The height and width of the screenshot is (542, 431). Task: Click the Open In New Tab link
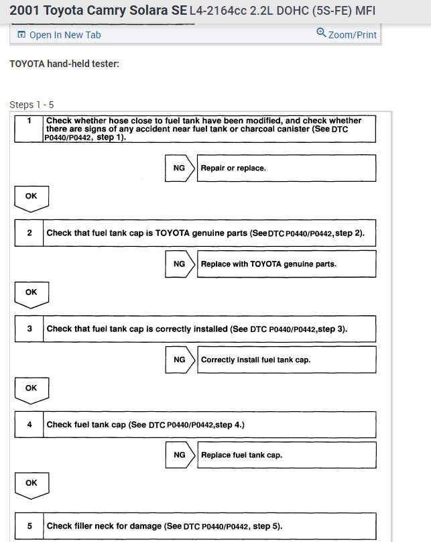point(65,35)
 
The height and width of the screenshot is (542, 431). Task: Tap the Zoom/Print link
point(352,35)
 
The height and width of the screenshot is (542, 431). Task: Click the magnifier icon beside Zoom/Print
point(321,33)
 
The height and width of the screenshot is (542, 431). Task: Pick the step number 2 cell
point(29,233)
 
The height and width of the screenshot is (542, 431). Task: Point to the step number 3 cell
point(29,329)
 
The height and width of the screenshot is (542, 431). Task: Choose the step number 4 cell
point(29,425)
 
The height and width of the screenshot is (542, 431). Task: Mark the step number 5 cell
point(29,526)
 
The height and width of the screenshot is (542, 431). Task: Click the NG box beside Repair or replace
point(179,168)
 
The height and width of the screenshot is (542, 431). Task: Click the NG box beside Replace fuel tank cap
point(179,455)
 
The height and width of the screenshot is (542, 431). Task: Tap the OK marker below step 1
point(32,197)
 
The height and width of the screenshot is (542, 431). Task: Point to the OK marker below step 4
point(32,484)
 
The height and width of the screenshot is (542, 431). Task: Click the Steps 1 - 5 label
point(32,105)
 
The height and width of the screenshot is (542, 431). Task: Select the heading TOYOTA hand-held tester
point(64,64)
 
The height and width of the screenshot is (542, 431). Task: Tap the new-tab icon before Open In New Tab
point(21,35)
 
